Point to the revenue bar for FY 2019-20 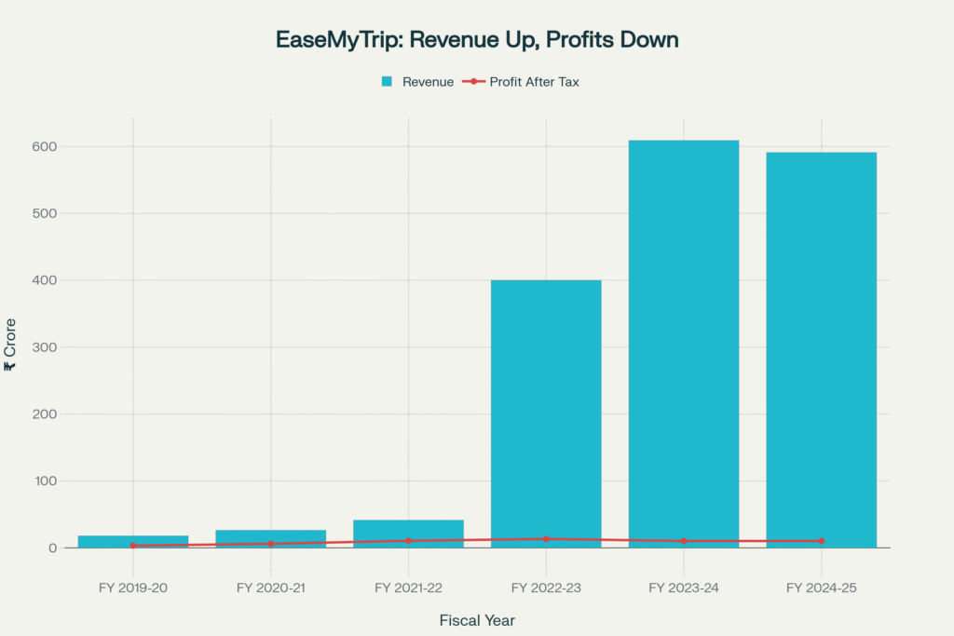click(133, 540)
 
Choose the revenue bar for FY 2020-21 click(270, 536)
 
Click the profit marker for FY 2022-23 click(546, 539)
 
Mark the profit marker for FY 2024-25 click(821, 541)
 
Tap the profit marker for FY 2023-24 click(684, 541)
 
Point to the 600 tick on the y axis click(45, 146)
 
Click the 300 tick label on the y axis click(45, 347)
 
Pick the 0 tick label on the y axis click(53, 548)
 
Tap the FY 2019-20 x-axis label click(133, 588)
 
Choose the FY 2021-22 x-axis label click(408, 588)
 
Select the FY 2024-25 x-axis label click(821, 588)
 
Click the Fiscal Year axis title click(477, 620)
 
